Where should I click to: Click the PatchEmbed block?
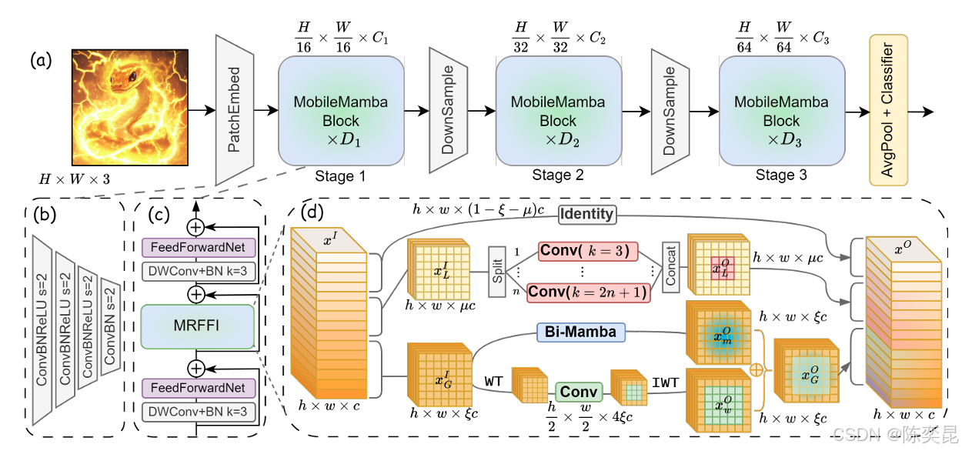point(235,110)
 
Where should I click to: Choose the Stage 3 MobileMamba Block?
point(781,111)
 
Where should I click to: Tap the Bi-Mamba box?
point(581,332)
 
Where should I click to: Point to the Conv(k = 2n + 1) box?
point(588,292)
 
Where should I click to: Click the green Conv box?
point(579,392)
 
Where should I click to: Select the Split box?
point(497,272)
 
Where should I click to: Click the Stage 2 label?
point(557,175)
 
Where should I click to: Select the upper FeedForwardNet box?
point(197,249)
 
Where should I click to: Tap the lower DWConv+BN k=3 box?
point(197,413)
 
